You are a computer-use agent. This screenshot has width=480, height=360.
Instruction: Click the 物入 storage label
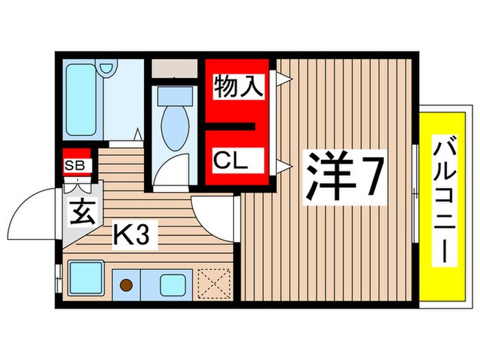[x=238, y=88]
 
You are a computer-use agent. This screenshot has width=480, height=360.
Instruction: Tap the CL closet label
[x=230, y=162]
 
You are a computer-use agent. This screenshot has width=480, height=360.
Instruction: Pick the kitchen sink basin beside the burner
[x=171, y=283]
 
